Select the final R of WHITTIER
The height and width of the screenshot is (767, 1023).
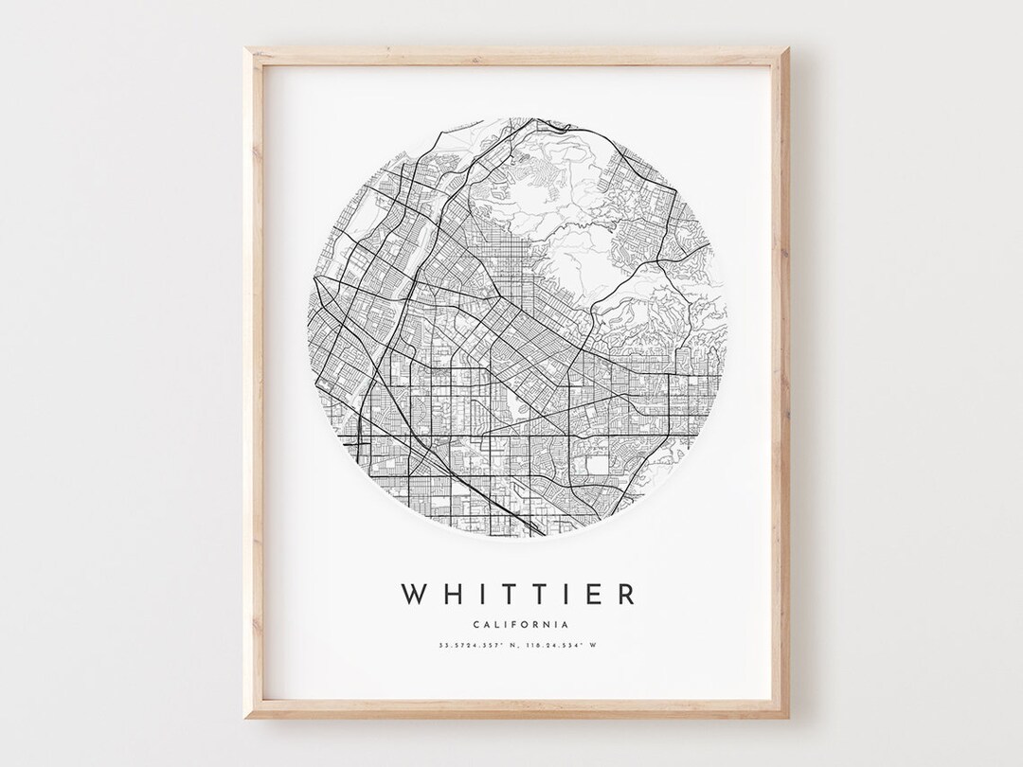624,595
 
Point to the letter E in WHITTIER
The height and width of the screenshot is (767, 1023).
594,595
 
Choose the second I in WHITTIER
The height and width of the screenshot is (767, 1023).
566,595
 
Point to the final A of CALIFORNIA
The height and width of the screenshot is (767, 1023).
565,624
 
